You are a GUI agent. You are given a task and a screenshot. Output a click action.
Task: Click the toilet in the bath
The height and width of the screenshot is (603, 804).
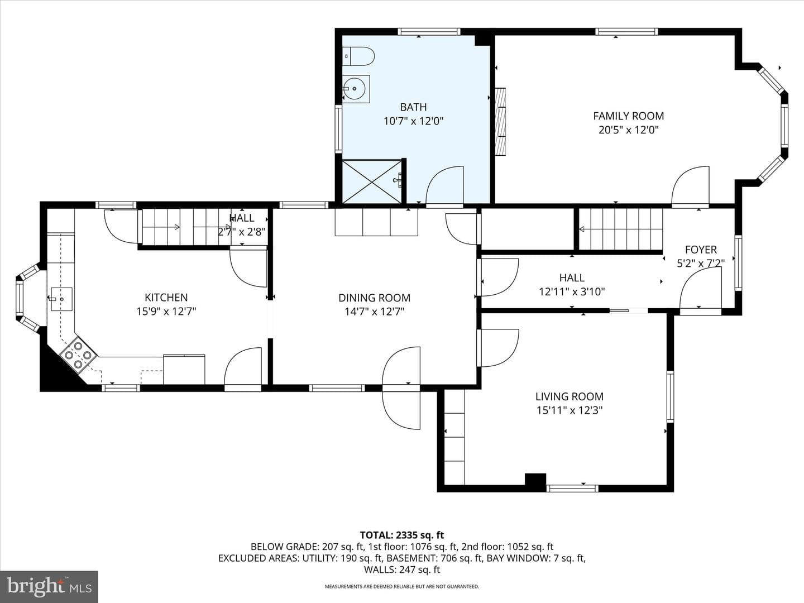[x=359, y=56]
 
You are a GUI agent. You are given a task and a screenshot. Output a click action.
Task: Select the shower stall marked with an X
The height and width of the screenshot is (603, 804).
[x=372, y=181]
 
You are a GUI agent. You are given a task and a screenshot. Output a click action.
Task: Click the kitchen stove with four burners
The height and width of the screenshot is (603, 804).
[x=78, y=355]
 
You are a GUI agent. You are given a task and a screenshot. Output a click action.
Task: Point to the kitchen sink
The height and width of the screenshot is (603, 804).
[x=61, y=299]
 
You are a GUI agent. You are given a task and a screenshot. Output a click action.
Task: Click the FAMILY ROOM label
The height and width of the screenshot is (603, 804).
[x=628, y=116]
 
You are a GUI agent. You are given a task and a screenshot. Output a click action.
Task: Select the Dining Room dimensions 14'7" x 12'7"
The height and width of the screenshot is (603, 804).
[x=374, y=312]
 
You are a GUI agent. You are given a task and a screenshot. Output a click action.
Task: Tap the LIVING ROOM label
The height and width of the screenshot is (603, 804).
[x=569, y=396]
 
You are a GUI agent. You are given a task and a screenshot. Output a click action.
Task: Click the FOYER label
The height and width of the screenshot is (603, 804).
[x=701, y=250]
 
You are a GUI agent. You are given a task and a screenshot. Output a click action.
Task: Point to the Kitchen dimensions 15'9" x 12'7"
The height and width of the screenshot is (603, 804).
[x=166, y=312]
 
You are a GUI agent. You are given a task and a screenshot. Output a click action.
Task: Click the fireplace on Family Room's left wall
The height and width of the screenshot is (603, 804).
[x=500, y=121]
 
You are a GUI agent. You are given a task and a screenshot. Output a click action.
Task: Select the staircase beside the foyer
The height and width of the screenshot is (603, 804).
[x=620, y=229]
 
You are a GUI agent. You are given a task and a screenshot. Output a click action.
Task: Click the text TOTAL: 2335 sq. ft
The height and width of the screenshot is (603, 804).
[x=402, y=535]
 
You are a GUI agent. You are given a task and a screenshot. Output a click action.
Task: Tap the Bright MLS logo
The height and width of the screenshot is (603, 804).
[x=49, y=587]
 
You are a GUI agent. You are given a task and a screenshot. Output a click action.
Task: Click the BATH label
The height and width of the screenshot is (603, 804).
[x=413, y=107]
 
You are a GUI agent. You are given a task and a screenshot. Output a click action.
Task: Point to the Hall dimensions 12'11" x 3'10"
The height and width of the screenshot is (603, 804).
[x=572, y=292]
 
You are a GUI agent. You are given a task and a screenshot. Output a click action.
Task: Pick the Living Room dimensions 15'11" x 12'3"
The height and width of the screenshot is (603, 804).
[x=569, y=410]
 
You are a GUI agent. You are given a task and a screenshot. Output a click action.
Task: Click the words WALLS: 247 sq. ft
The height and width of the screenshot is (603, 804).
[x=402, y=569]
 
